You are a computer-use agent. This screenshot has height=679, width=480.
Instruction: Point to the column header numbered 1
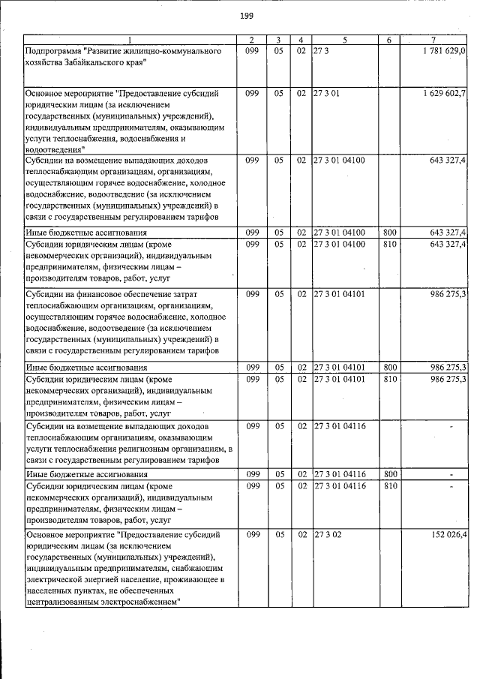(129, 39)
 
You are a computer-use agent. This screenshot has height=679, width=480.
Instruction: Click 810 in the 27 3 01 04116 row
(389, 487)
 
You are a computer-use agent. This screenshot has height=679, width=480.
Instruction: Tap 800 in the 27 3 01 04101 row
(389, 367)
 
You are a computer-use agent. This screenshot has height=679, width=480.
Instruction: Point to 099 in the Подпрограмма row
(252, 50)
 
